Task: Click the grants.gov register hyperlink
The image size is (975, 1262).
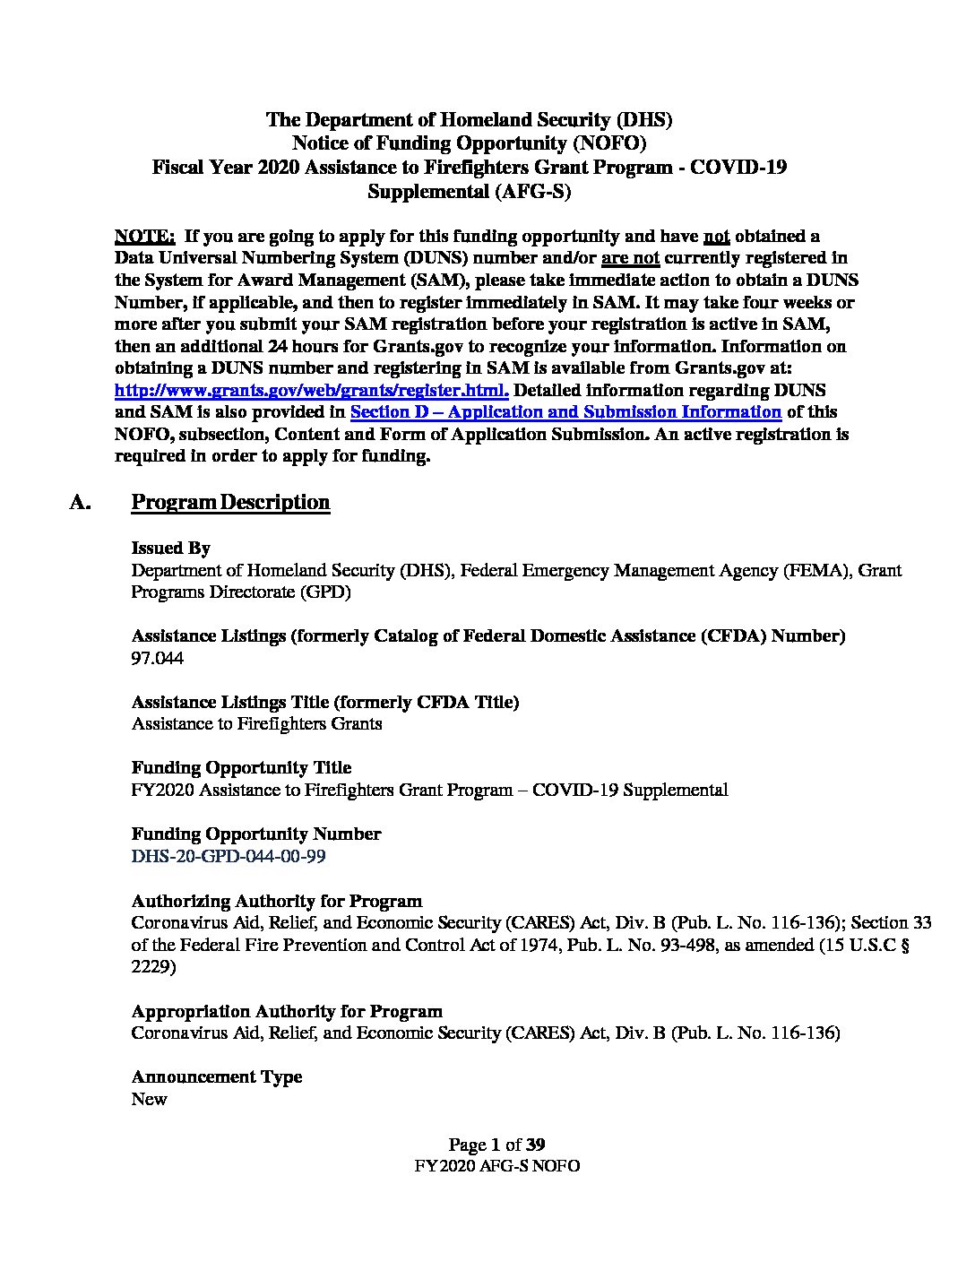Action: tap(312, 390)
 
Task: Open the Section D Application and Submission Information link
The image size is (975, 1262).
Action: tap(565, 411)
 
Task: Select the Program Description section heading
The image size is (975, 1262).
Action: tap(230, 502)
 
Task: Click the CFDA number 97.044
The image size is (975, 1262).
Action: tap(158, 658)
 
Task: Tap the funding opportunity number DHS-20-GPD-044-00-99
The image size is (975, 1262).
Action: tap(229, 856)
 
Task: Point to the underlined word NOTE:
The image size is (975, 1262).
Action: tap(144, 236)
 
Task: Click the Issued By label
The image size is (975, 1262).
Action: tap(170, 548)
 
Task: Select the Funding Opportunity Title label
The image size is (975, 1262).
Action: tap(241, 767)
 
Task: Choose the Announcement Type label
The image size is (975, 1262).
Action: tap(216, 1076)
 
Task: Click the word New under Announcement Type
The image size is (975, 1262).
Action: tap(149, 1099)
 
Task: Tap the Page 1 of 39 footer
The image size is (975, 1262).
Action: tap(496, 1145)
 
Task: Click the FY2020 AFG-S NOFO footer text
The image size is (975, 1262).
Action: tap(496, 1166)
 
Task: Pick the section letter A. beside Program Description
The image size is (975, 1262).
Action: tap(81, 502)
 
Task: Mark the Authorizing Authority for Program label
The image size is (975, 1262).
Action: tap(276, 901)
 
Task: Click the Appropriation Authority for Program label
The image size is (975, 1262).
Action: tap(287, 1011)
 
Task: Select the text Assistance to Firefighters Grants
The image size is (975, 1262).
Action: tap(256, 723)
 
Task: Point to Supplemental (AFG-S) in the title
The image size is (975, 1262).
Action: tap(470, 191)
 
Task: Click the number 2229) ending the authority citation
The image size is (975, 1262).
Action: tap(153, 967)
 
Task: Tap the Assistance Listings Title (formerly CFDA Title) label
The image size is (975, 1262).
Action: tap(324, 702)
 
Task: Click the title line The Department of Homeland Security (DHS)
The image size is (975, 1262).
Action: tap(470, 119)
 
